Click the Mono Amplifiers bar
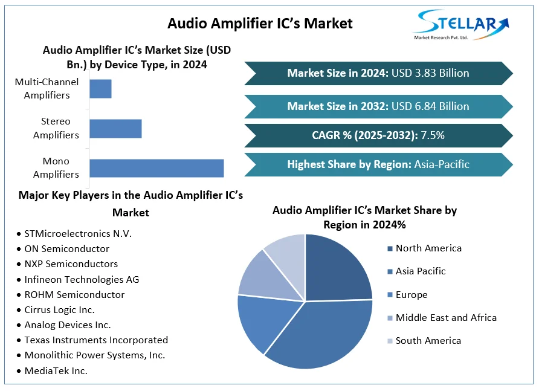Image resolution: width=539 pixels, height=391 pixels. [157, 168]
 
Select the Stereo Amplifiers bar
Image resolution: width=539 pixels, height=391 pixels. [115, 129]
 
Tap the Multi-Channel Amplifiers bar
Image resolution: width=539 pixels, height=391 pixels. [100, 89]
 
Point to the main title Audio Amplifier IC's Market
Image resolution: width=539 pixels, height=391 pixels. [260, 24]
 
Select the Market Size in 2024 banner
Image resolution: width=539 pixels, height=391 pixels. [378, 73]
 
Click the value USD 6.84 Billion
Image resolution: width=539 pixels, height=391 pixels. [430, 106]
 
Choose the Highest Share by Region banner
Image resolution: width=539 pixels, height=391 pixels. [378, 164]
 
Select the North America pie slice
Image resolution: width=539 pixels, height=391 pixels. [338, 266]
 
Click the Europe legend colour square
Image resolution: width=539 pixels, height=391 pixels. [390, 295]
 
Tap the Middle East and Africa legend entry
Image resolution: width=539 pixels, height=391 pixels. [446, 318]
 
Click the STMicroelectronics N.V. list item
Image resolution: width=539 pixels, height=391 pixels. [78, 233]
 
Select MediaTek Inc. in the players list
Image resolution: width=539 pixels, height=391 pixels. [56, 371]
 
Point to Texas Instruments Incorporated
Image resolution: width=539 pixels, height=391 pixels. [96, 340]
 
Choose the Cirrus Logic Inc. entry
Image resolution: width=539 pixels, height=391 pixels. [59, 309]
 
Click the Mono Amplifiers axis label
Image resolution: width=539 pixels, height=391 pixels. [56, 168]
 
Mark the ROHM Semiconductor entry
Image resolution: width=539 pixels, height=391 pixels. [74, 295]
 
